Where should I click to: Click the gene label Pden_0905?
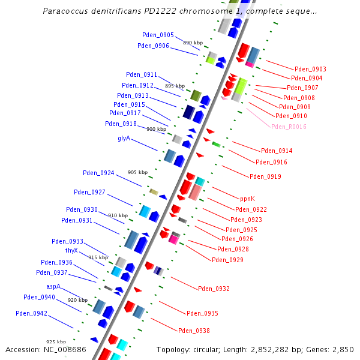pos(158,35)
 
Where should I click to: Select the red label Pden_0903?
pos(310,69)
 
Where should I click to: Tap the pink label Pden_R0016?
pos(289,127)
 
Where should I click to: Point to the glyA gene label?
pos(124,139)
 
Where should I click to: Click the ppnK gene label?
pos(247,199)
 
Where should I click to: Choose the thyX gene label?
pos(72,250)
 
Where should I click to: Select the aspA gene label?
pos(54,286)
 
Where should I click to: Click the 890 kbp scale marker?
pos(193,43)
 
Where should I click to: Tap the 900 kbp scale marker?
pos(156,129)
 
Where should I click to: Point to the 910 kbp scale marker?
pos(118,215)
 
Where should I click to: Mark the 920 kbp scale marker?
pos(77,300)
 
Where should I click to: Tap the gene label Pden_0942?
pos(31,313)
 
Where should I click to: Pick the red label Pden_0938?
pos(194,331)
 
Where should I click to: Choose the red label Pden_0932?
pos(214,289)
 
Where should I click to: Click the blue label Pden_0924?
pos(98,173)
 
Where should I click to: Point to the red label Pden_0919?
pos(265,176)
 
